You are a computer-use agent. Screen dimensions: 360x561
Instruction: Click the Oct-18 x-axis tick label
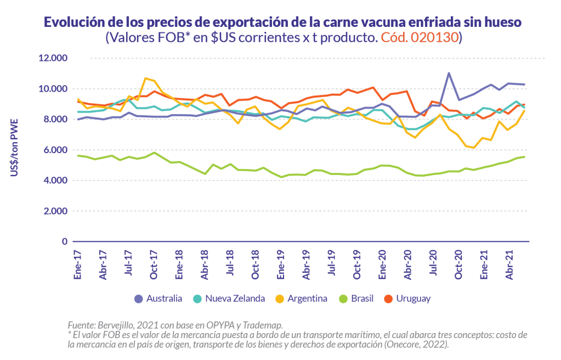click(x=256, y=265)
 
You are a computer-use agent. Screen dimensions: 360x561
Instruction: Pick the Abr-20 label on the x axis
click(x=407, y=265)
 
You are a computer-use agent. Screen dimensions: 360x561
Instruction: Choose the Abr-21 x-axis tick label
click(x=508, y=265)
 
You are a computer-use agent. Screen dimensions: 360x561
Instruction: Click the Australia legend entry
click(x=158, y=299)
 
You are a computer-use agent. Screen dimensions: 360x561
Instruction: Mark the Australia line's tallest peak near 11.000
click(x=449, y=73)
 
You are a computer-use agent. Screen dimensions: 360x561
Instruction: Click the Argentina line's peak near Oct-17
click(x=146, y=78)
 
